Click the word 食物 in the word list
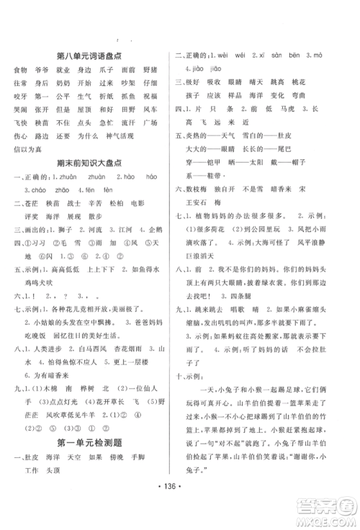[19, 70]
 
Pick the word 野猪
[150, 70]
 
